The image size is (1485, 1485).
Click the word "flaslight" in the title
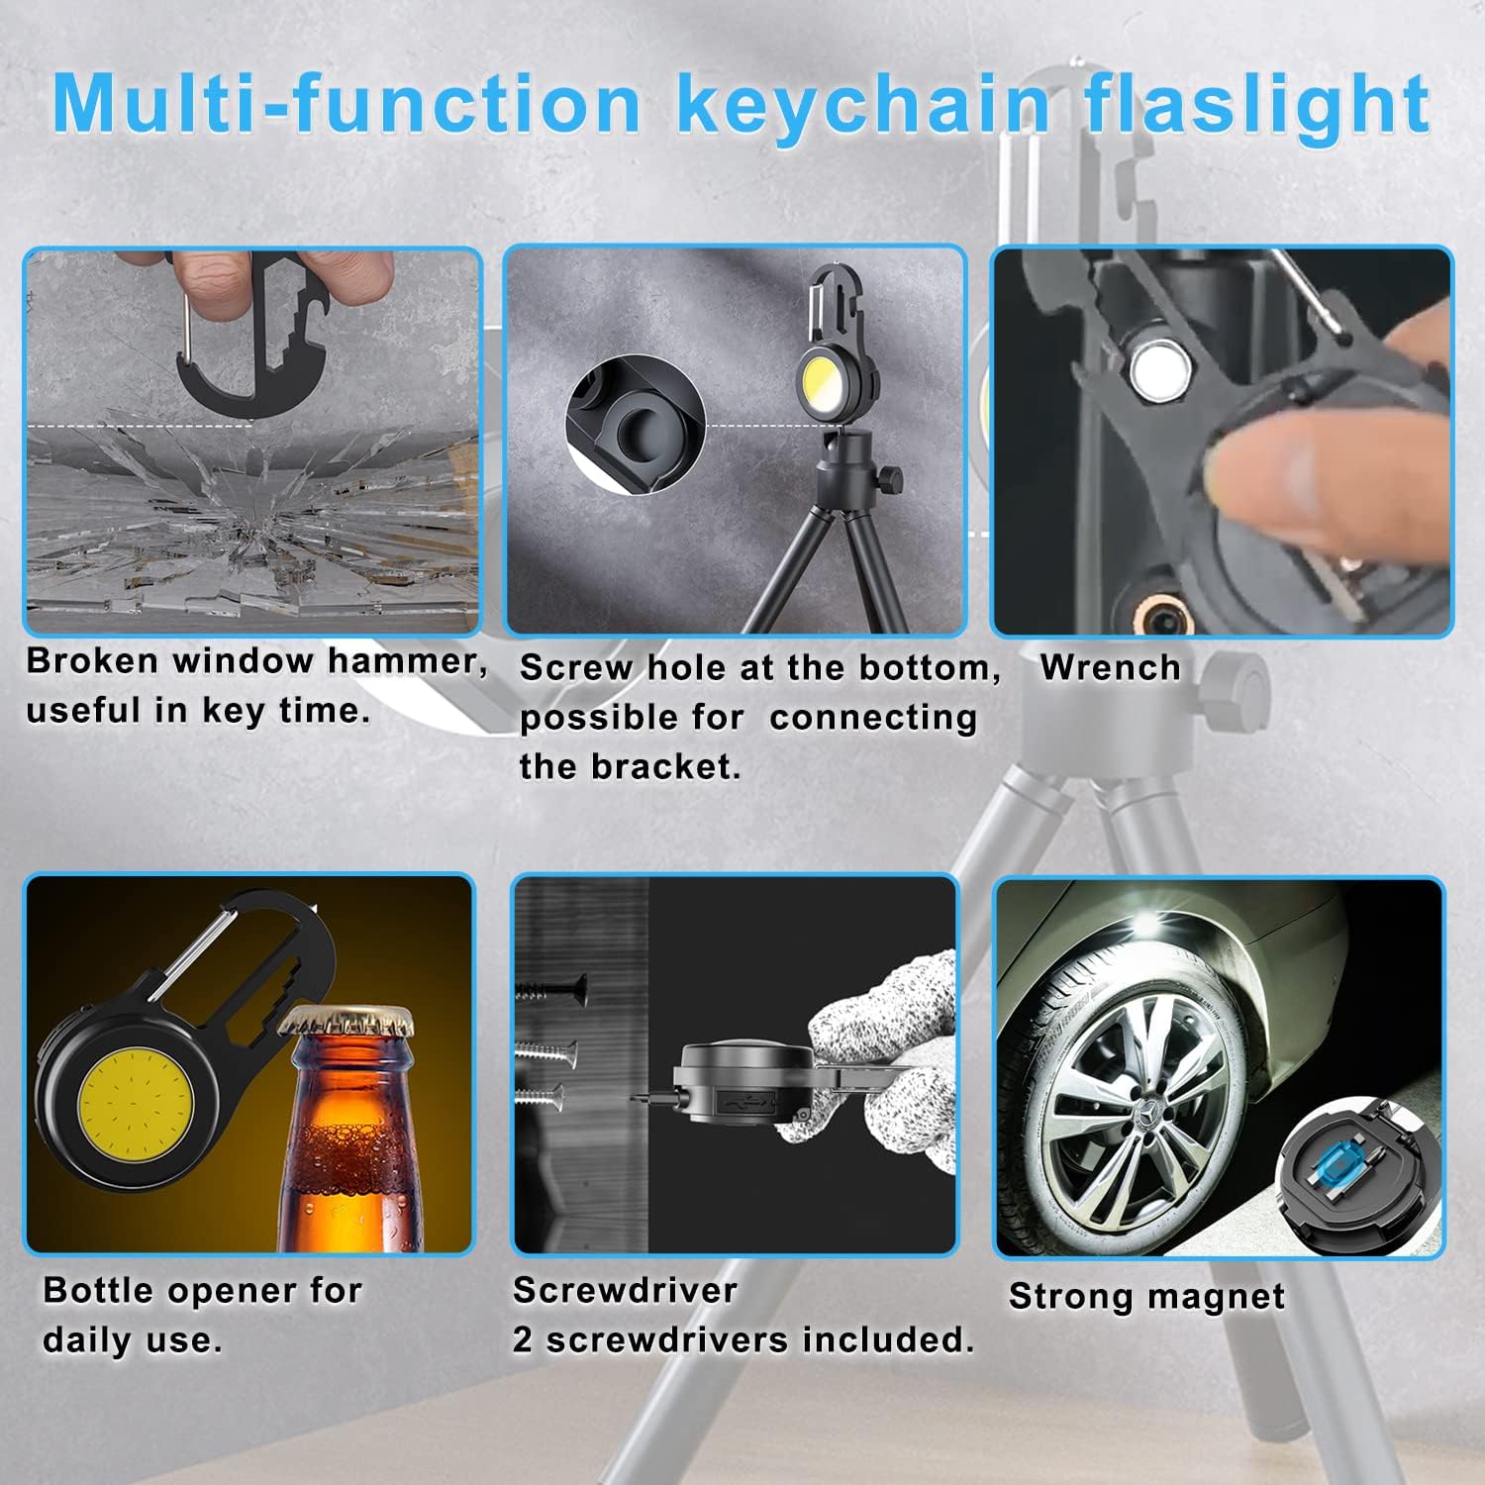tap(1257, 104)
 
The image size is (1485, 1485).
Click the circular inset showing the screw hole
tap(635, 421)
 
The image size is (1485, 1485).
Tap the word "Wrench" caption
tap(1110, 668)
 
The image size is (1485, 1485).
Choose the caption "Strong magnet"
tap(1146, 1297)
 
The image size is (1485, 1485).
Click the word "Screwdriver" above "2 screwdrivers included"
tap(625, 1291)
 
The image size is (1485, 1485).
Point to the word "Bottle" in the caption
tap(99, 1291)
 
